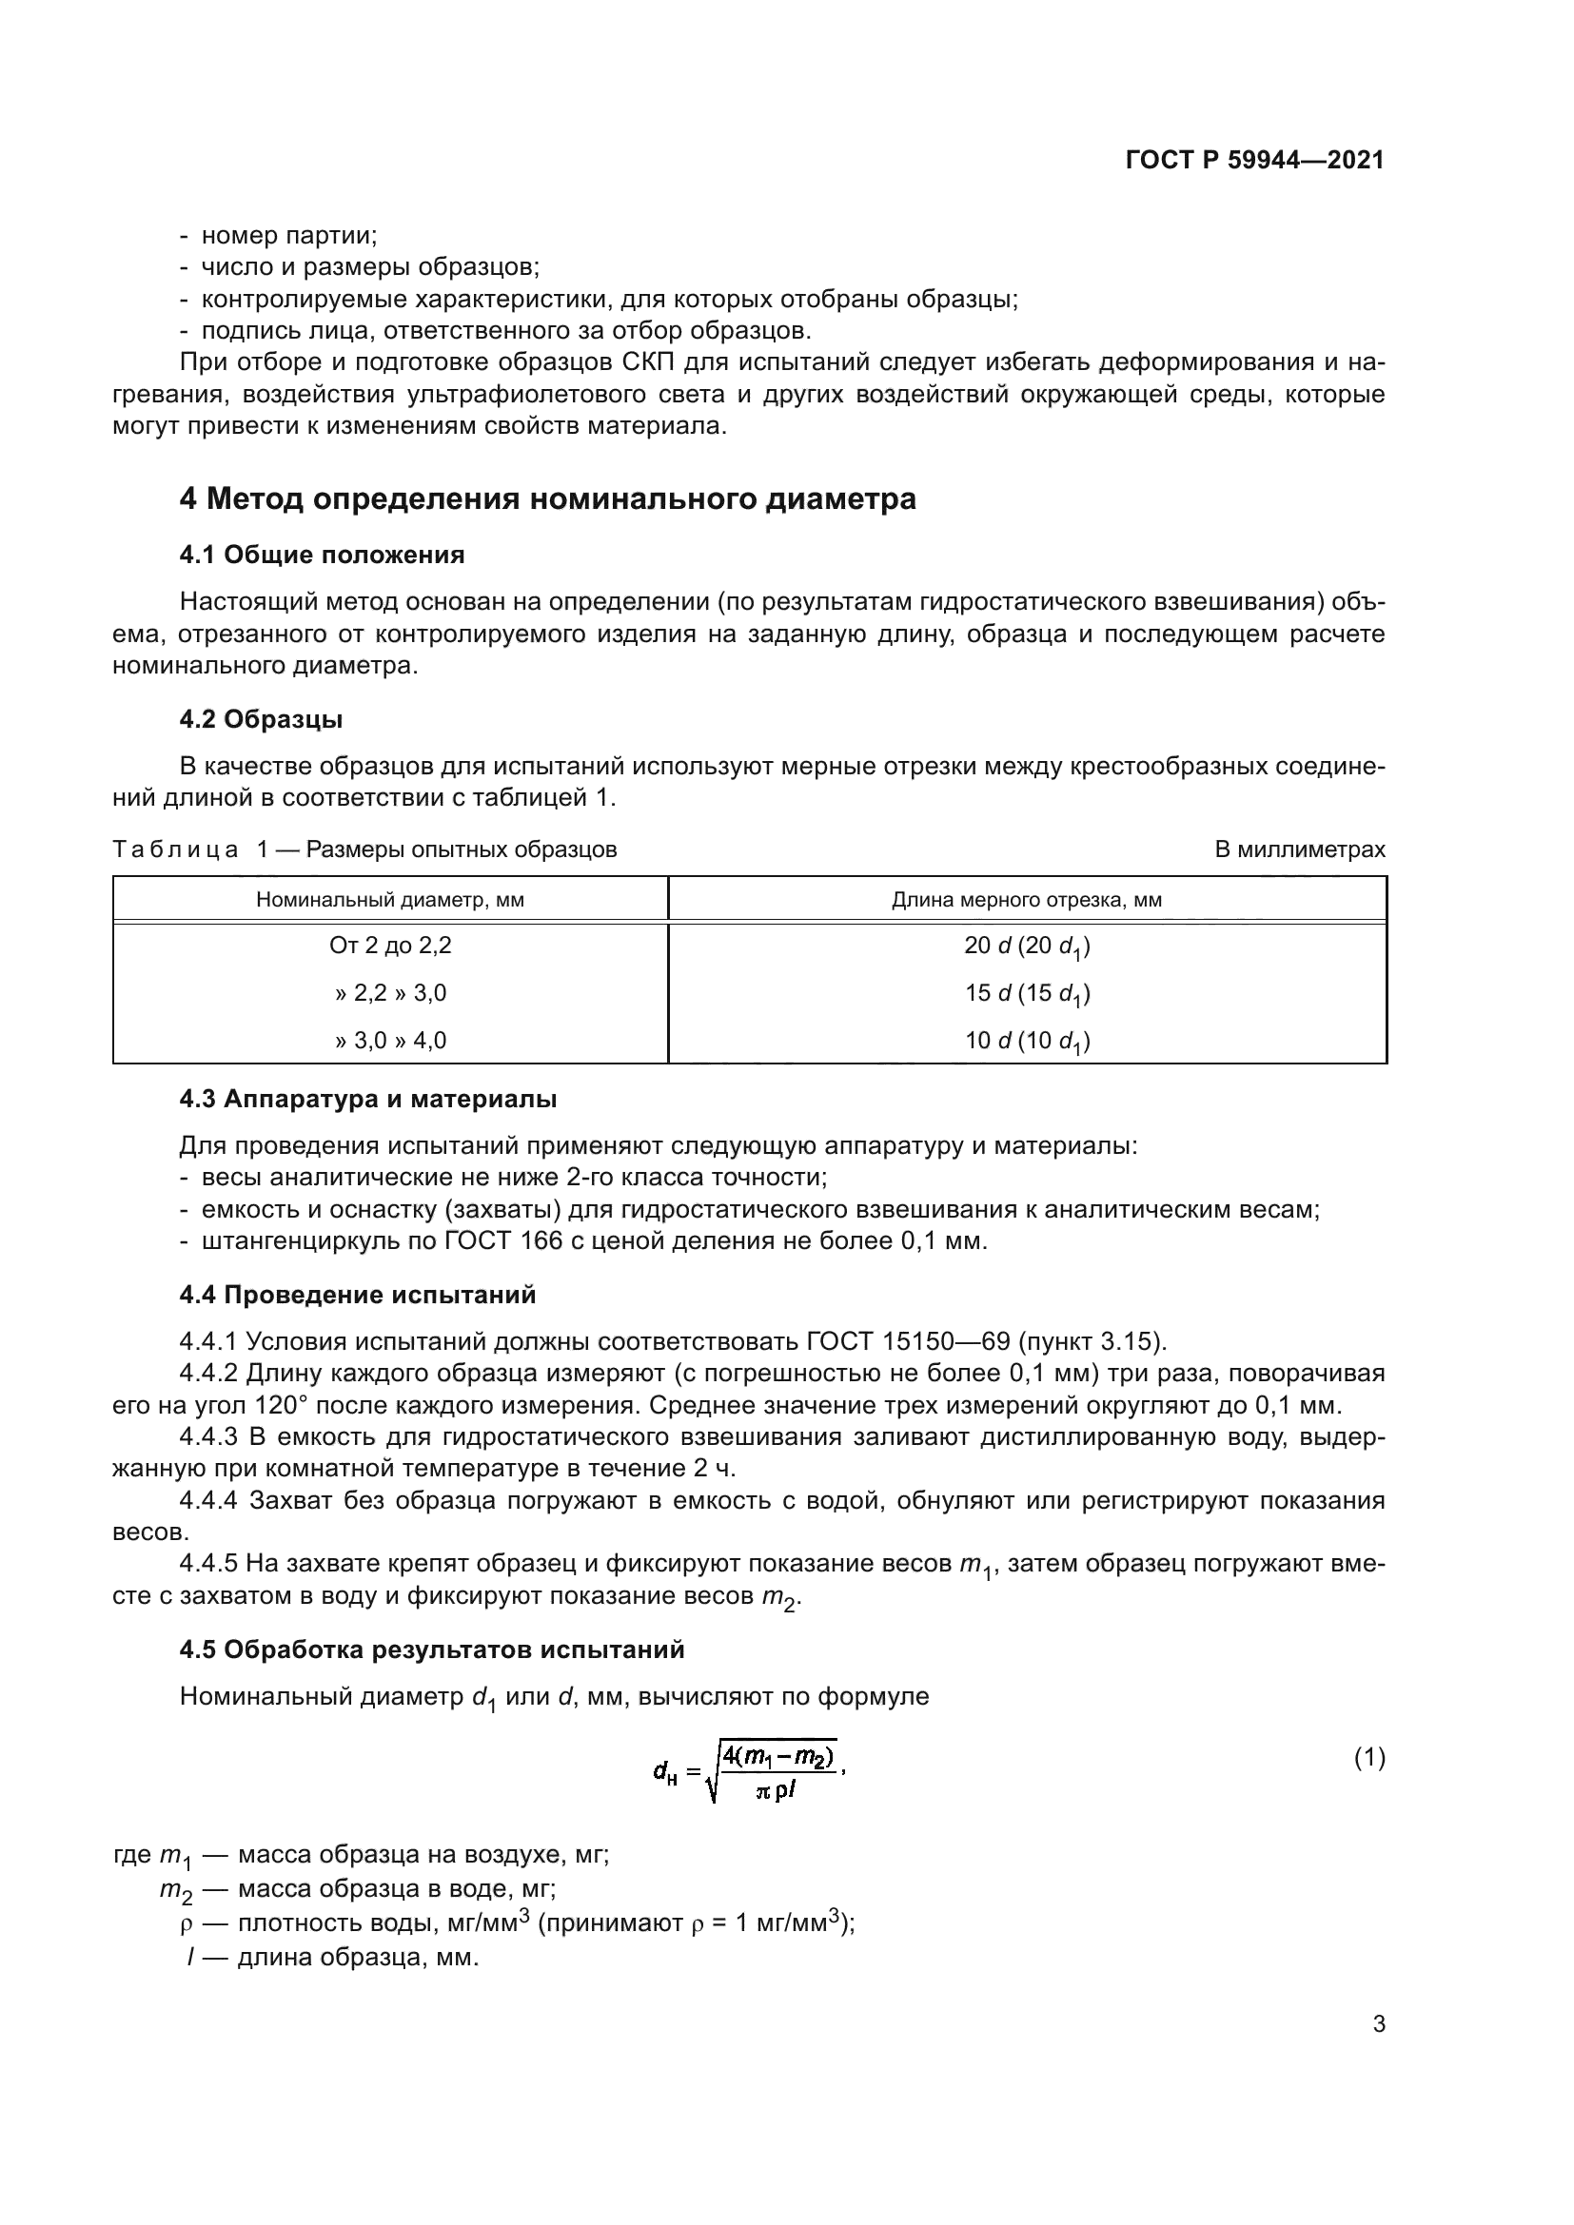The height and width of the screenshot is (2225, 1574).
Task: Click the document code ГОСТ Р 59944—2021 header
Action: coord(1254,160)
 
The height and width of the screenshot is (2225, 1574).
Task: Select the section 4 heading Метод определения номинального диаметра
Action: coord(547,499)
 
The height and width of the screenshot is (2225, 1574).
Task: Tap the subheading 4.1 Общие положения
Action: coord(322,556)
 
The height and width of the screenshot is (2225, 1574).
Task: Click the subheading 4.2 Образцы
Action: coord(261,719)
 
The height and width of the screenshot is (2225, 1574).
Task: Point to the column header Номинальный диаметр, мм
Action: coord(389,899)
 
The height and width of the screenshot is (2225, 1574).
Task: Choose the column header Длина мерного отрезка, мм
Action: coord(1027,899)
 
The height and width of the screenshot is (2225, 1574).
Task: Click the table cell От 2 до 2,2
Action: coord(389,946)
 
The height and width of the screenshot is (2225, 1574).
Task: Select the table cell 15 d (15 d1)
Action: coord(1027,994)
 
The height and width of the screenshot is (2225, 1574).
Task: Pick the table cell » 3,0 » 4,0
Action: coord(389,1041)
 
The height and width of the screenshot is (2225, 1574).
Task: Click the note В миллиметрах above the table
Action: coord(1300,849)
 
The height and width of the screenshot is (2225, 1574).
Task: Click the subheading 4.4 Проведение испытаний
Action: coord(357,1295)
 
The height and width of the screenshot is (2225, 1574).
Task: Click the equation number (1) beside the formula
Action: coord(1368,1758)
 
